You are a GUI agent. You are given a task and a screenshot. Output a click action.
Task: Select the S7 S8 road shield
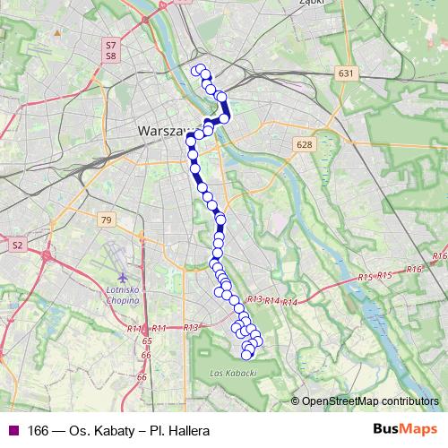coord(110,49)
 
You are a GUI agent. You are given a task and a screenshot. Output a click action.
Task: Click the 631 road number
coord(348,73)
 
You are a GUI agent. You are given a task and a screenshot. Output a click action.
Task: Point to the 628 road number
coord(304,144)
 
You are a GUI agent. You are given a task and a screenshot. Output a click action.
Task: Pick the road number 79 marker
coord(107,220)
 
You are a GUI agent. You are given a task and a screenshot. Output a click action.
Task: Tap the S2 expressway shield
coord(17,244)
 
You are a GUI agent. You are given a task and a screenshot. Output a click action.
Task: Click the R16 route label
coord(414,269)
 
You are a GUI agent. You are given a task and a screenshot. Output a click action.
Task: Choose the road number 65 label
coord(147,341)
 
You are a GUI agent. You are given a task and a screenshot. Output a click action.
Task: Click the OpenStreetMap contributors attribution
coord(370,401)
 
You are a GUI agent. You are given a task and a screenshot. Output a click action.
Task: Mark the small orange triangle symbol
coord(56,32)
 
